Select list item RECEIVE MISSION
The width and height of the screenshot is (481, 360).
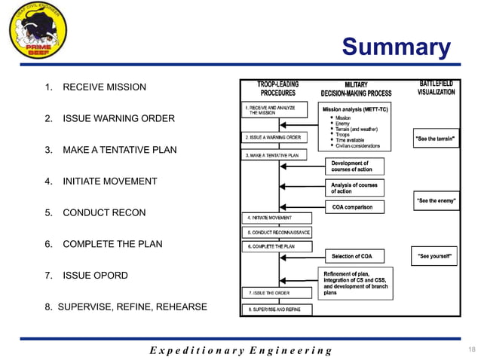tap(103, 87)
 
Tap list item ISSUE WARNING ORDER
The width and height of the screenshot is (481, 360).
tap(118, 119)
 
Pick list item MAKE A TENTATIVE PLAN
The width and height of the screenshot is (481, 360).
tap(119, 150)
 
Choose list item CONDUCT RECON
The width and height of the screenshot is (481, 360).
tap(103, 213)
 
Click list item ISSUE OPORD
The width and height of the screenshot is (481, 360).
tap(95, 276)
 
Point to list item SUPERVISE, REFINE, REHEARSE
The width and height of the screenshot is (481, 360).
tap(125, 307)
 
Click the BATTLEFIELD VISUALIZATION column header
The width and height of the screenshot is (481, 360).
tap(436, 87)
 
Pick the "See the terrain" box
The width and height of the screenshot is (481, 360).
tap(437, 139)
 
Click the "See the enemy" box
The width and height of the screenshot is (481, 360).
tap(437, 201)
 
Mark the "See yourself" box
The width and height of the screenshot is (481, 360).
tap(435, 256)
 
